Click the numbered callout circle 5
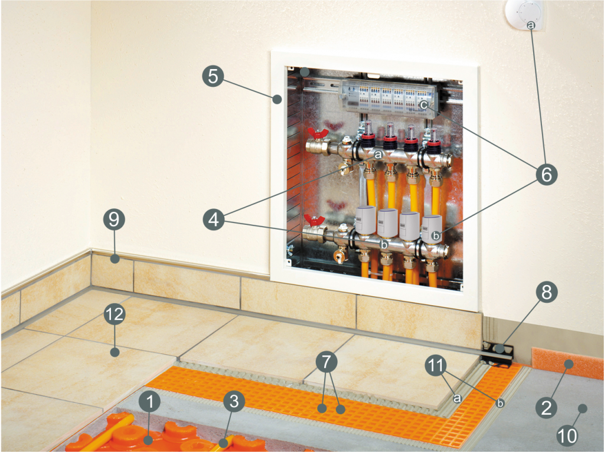213,76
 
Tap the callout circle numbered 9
114,219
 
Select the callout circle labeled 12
115,315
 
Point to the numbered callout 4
214,220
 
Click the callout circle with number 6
547,175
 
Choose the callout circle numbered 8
547,292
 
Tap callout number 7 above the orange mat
327,362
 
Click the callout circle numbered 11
436,365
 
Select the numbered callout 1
150,402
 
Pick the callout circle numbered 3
234,402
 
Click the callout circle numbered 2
547,408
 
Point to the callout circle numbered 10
567,435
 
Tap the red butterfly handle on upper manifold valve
318,133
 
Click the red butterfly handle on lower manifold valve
315,221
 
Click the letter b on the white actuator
436,235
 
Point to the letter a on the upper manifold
378,155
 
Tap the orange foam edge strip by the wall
567,362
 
